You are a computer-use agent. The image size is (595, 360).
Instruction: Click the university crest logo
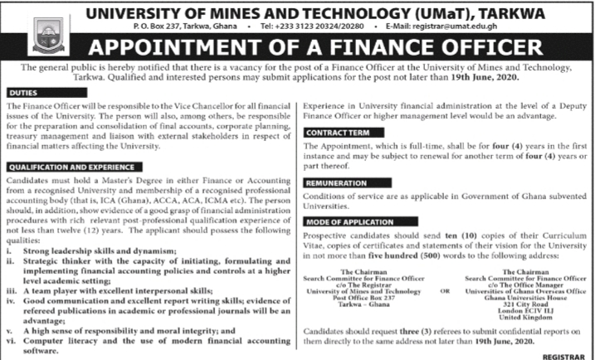tap(42, 32)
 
